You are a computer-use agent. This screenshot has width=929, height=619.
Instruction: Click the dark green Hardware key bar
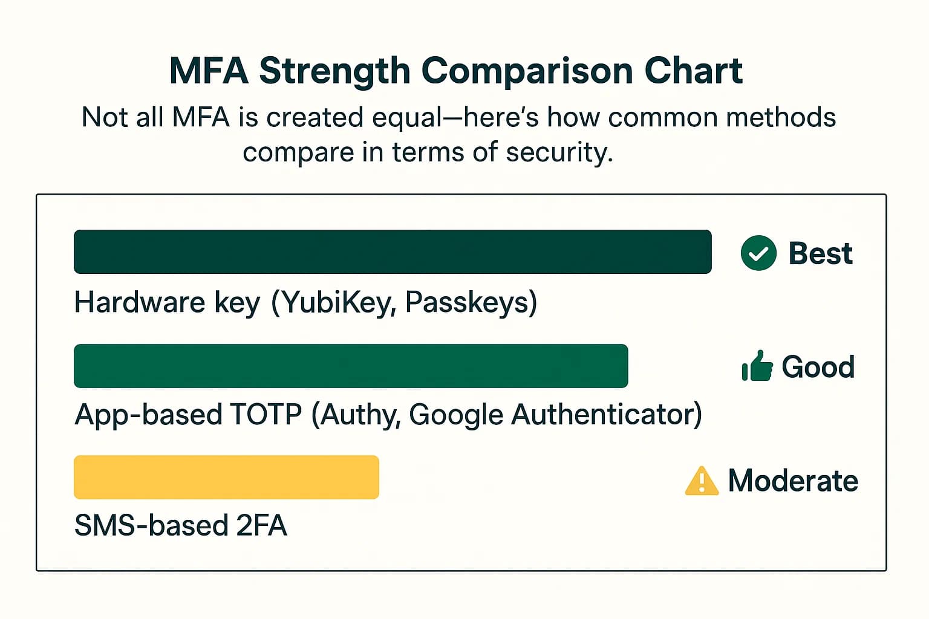tap(392, 251)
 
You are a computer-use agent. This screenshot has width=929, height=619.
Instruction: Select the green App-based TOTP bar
tap(351, 366)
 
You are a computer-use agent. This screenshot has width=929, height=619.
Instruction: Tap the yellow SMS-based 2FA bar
tap(226, 477)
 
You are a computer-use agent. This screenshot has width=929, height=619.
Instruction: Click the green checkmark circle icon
tap(758, 253)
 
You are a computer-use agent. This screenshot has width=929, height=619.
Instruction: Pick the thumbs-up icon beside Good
tap(757, 366)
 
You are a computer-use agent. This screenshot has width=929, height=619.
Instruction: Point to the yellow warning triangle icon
tap(702, 481)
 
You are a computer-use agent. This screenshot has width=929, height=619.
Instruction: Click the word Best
tap(820, 253)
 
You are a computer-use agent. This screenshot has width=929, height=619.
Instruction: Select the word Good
tap(818, 367)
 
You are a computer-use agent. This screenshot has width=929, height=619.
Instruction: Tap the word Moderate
tap(793, 481)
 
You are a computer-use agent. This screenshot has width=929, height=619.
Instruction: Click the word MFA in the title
tap(209, 71)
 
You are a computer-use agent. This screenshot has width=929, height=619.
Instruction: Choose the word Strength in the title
tap(334, 71)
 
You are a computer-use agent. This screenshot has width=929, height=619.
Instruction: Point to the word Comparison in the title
tap(527, 71)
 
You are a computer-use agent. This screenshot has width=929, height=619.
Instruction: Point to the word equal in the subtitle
tap(406, 117)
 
